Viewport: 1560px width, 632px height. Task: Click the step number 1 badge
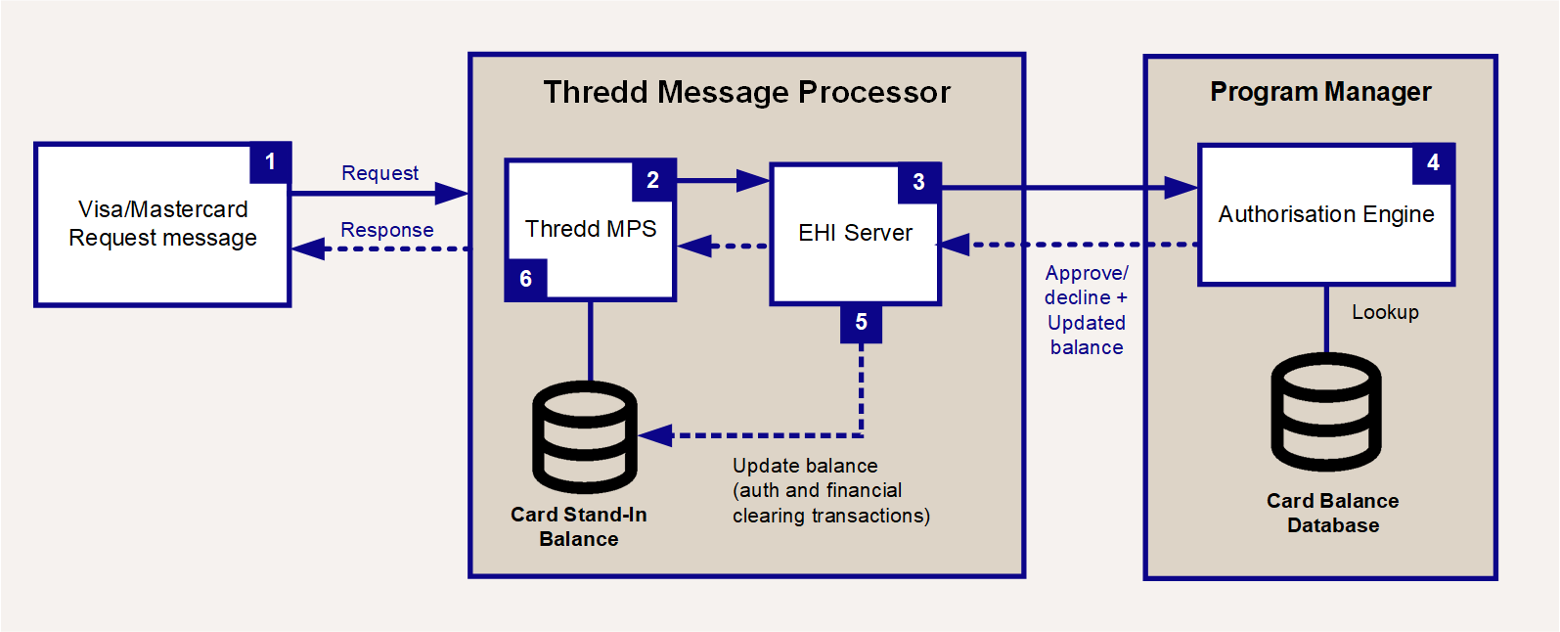[x=270, y=162]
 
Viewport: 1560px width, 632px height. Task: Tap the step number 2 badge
[x=653, y=180]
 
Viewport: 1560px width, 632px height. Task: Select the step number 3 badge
[x=919, y=183]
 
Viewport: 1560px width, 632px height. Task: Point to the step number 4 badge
[x=1433, y=163]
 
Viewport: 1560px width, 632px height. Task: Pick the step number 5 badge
[x=862, y=323]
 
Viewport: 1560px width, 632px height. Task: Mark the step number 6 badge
[x=526, y=280]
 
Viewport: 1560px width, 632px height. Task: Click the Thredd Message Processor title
[x=746, y=92]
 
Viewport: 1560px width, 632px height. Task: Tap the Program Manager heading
[x=1320, y=91]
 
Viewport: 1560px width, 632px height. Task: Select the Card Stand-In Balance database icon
[x=585, y=437]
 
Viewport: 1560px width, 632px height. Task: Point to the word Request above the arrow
[x=379, y=173]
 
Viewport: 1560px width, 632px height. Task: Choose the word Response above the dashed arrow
[x=387, y=230]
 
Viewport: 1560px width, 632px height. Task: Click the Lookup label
[x=1385, y=312]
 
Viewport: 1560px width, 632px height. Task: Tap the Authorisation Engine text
[x=1326, y=214]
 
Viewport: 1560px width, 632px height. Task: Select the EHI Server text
[x=855, y=233]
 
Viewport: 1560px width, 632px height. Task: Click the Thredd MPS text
[x=591, y=229]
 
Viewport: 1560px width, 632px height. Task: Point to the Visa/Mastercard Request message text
[x=162, y=223]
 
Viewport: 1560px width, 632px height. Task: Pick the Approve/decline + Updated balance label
[x=1087, y=310]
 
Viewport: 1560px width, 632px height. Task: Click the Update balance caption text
[x=830, y=490]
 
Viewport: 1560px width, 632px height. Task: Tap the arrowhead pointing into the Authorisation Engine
[x=1181, y=188]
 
